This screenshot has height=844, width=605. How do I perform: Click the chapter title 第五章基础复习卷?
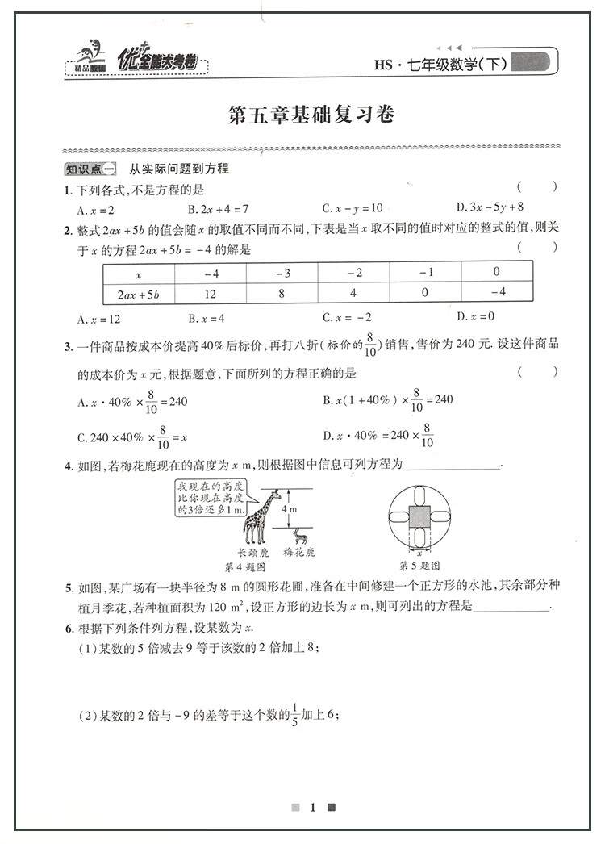(x=311, y=115)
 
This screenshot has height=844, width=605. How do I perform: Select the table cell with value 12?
(x=211, y=292)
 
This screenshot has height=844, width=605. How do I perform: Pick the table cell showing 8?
(x=282, y=292)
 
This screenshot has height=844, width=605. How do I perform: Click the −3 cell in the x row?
(x=282, y=272)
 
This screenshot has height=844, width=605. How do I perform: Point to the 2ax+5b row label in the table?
(x=139, y=292)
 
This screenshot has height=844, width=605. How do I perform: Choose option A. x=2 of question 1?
(x=95, y=207)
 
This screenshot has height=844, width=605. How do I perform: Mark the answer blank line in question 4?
(x=451, y=466)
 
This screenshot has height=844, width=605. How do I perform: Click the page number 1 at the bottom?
(x=312, y=807)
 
